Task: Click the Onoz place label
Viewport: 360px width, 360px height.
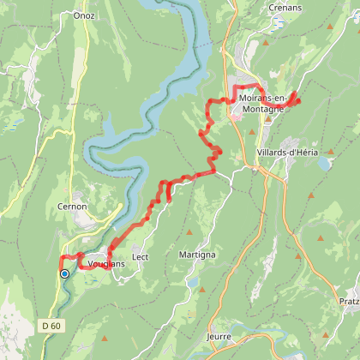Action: coord(84,15)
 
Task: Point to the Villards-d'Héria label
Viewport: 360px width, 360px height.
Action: coord(286,152)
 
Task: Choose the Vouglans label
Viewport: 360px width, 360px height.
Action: coord(106,264)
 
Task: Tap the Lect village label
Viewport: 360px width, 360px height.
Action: coord(141,256)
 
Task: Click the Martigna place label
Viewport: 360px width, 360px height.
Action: coord(197,255)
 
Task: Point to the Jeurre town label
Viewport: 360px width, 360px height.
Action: coord(219,336)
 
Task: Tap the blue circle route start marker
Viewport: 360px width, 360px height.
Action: coord(64,274)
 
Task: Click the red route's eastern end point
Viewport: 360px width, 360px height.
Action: coord(297,101)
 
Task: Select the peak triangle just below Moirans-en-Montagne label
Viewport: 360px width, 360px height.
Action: coord(267,121)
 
